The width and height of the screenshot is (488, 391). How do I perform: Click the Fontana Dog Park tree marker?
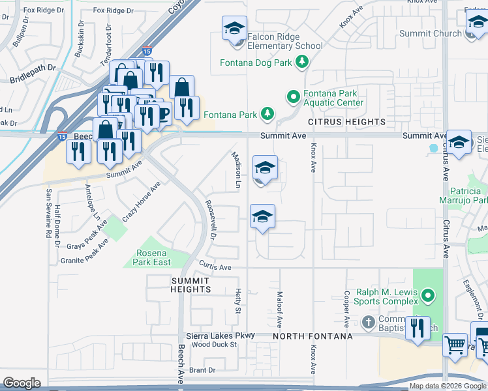click(x=301, y=62)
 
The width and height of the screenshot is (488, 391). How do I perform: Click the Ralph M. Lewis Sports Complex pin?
click(x=428, y=297)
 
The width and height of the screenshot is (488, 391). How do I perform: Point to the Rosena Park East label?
click(x=152, y=257)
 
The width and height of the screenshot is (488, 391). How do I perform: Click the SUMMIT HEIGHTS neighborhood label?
click(x=191, y=284)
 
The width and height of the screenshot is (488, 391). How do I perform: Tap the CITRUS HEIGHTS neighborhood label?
click(x=348, y=122)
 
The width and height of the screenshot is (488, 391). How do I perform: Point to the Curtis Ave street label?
click(x=215, y=267)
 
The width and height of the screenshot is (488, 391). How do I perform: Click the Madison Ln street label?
click(x=237, y=171)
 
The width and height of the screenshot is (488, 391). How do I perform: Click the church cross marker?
click(x=368, y=322)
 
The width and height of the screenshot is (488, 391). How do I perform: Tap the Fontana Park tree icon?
click(x=267, y=114)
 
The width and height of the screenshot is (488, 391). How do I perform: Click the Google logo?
click(x=22, y=383)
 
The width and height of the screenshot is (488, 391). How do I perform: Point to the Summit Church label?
click(x=438, y=33)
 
